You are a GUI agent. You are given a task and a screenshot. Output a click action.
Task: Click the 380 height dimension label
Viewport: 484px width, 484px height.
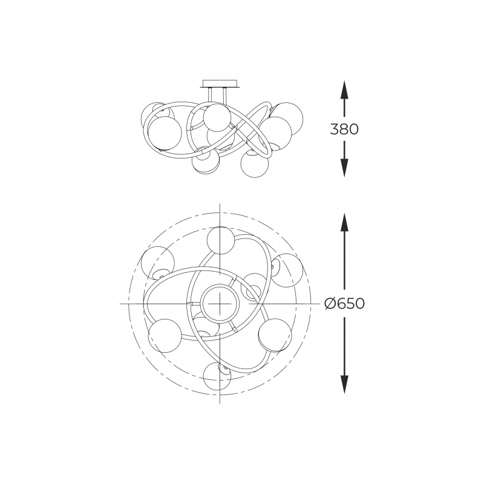344,129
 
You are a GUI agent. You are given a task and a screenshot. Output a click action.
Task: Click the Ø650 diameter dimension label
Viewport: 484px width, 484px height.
344,304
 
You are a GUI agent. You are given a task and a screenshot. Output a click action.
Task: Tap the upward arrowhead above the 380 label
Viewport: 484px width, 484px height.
344,90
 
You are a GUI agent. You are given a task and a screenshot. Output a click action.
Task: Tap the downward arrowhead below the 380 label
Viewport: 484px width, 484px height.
344,168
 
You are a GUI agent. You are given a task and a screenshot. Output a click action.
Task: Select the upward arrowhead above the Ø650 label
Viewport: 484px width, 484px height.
344,221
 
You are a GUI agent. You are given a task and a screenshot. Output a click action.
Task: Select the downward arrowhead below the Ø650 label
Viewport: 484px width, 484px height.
344,385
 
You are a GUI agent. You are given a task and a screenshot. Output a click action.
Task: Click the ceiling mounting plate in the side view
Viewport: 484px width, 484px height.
220,84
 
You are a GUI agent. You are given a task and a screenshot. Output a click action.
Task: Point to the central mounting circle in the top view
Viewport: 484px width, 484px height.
219,304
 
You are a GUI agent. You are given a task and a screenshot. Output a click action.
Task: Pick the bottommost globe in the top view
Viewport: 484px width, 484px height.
217,376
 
